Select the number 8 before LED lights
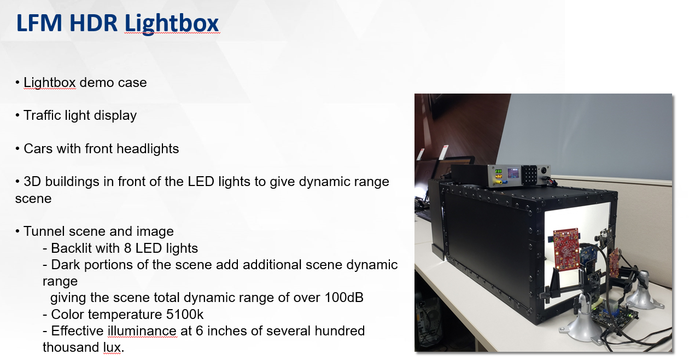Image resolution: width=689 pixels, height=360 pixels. (129, 248)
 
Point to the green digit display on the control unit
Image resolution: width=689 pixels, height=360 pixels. (499, 172)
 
